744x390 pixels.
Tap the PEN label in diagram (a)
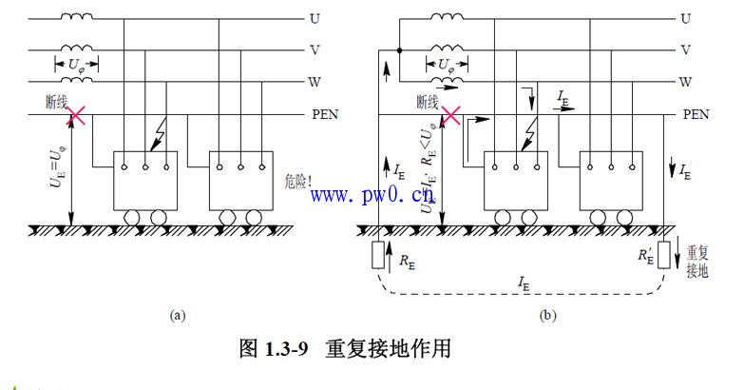[325, 115]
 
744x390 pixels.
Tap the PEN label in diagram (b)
[696, 115]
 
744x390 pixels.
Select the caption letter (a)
[175, 314]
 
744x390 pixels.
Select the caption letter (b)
[546, 314]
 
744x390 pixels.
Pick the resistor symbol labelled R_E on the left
[377, 256]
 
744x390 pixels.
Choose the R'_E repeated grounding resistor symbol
[664, 255]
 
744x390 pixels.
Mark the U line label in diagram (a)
[315, 18]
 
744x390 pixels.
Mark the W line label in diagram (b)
[686, 82]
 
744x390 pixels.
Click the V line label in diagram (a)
[315, 50]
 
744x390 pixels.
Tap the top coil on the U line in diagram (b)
[447, 15]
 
